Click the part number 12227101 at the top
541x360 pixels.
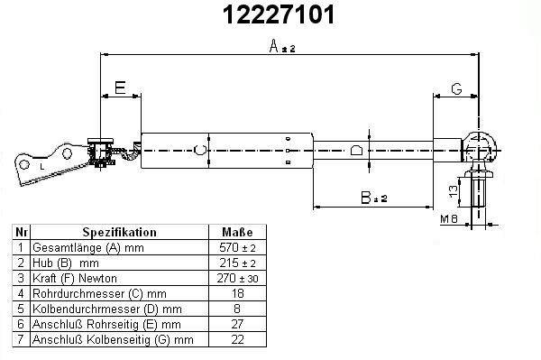tap(279, 14)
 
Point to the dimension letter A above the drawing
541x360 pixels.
tap(273, 46)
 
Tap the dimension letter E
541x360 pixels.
tap(120, 88)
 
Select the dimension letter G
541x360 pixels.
tap(456, 88)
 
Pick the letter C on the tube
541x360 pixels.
tap(200, 150)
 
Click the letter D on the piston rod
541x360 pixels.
tap(356, 151)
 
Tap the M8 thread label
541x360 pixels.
tap(449, 218)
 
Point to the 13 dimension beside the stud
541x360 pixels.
tap(454, 191)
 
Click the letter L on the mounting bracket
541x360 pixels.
tap(42, 167)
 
